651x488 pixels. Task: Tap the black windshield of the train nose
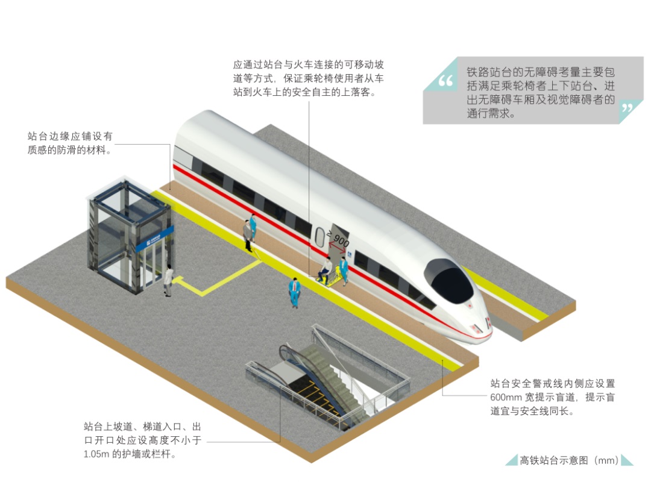click(x=448, y=281)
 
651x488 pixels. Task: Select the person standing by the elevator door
click(x=168, y=280)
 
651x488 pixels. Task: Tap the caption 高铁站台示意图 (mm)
click(x=569, y=461)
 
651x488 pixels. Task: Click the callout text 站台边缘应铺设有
click(x=70, y=137)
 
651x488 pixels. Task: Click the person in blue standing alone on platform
click(x=294, y=292)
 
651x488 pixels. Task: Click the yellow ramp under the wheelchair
click(x=332, y=281)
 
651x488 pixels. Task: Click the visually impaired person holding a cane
click(x=247, y=235)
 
